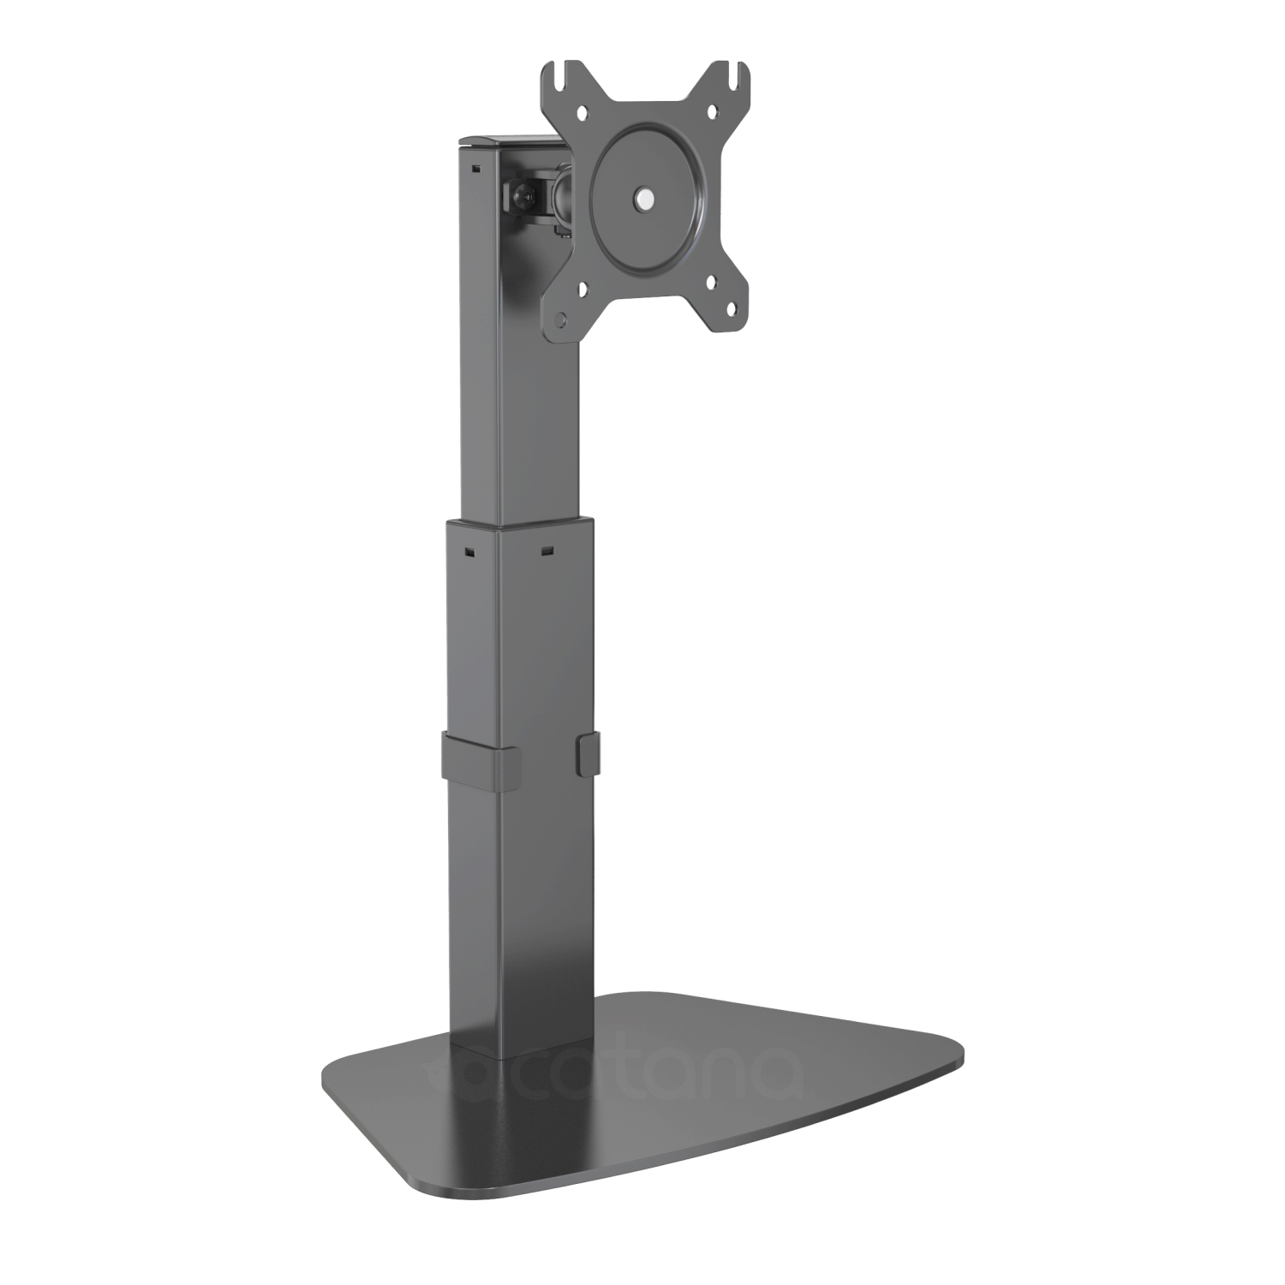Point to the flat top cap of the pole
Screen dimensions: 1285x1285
(504, 141)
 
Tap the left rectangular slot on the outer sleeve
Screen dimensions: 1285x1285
(469, 551)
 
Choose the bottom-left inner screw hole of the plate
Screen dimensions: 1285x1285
(583, 291)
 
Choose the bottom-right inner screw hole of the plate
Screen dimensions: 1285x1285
(710, 284)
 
